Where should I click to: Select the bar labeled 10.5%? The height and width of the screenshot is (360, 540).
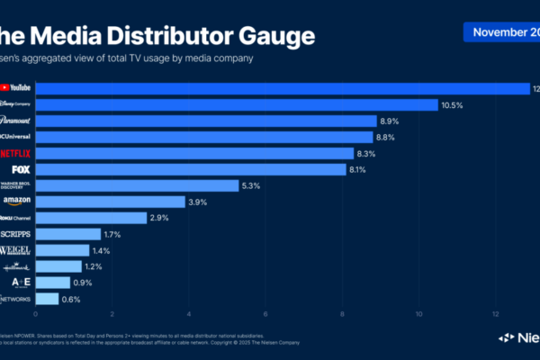pyautogui.click(x=236, y=104)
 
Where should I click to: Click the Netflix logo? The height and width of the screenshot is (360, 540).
pyautogui.click(x=16, y=153)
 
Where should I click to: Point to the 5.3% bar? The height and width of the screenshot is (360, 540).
pyautogui.click(x=137, y=185)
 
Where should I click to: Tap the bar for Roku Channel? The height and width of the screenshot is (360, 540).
pyautogui.click(x=90, y=218)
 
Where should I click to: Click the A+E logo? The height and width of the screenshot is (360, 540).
pyautogui.click(x=16, y=283)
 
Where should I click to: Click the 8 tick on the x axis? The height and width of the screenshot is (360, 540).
pyautogui.click(x=343, y=314)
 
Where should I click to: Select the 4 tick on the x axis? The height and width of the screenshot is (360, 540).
pyautogui.click(x=189, y=314)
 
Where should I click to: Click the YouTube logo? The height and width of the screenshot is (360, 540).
pyautogui.click(x=16, y=88)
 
